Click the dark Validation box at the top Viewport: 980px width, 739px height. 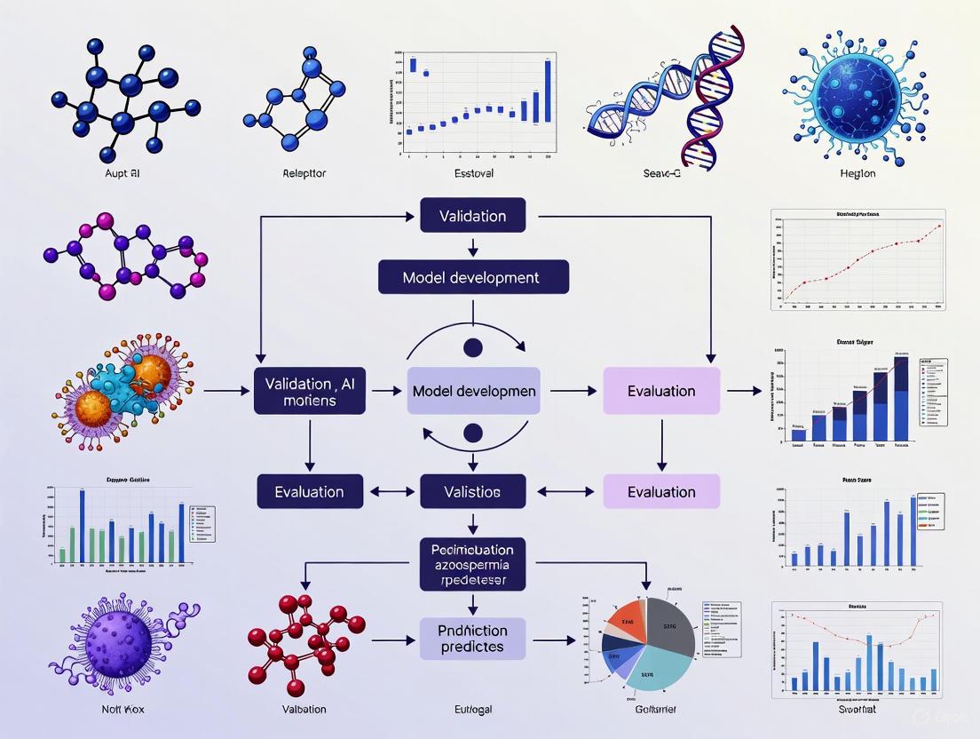point(471,216)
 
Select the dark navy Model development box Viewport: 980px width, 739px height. point(471,277)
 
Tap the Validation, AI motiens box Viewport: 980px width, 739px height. point(310,391)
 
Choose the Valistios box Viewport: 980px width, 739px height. point(471,491)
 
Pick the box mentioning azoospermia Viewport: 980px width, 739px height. point(471,564)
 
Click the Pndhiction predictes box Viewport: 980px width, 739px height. point(471,640)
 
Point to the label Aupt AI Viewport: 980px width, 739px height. point(122,173)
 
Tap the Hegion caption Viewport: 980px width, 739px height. point(857,173)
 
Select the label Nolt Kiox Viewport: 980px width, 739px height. point(122,709)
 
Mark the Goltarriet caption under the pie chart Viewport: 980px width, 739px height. point(655,709)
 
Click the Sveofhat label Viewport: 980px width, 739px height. point(857,709)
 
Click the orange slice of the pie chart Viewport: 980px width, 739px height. point(627,618)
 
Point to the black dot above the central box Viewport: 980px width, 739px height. point(473,347)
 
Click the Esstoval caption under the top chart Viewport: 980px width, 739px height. point(471,173)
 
